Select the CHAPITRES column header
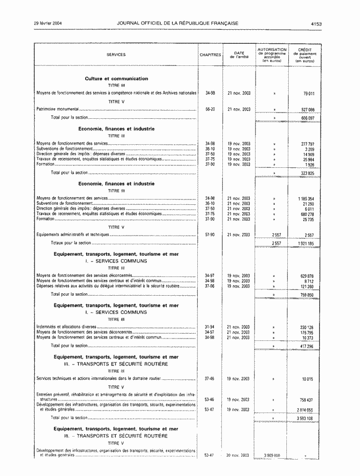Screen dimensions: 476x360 click(210, 55)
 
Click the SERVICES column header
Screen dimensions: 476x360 click(116, 55)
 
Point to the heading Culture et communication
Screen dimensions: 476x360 click(116, 78)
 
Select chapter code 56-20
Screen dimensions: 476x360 click(210, 109)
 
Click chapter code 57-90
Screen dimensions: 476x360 click(210, 235)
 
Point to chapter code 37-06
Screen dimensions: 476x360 click(210, 286)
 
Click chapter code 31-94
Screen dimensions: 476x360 click(210, 327)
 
